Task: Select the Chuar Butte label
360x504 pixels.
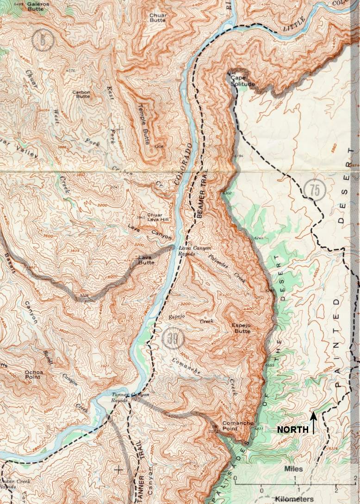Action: coord(158,18)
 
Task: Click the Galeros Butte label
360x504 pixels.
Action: coord(38,6)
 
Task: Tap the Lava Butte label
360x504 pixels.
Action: coord(145,260)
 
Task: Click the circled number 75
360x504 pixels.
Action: coord(315,189)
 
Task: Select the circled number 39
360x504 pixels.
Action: coord(173,339)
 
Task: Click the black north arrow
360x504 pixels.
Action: coord(314,423)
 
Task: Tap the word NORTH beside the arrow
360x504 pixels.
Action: coord(292,430)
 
